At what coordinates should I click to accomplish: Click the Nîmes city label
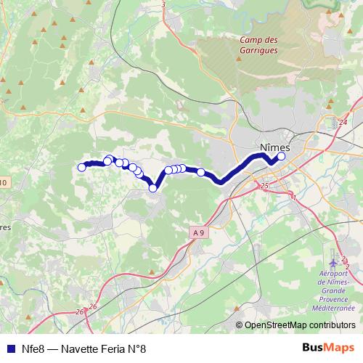coord(274,147)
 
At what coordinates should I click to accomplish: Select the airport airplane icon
coord(334,261)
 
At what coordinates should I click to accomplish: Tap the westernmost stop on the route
coord(81,168)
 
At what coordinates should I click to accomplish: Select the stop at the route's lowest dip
coord(153,189)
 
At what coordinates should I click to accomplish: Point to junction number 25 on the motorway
coord(264,187)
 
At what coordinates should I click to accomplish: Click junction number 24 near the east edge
coord(343,124)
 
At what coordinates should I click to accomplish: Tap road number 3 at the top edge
coord(163,5)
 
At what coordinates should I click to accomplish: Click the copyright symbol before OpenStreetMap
coord(240,325)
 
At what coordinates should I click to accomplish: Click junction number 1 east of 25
coord(293,196)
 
